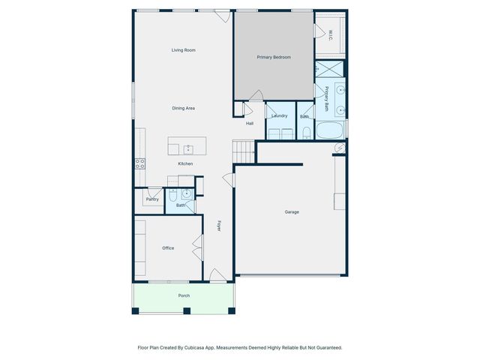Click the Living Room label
coord(183,50)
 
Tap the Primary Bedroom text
coord(274,57)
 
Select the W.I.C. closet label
coord(331,34)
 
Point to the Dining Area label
coord(184,109)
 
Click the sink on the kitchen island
coord(188,148)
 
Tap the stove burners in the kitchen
coord(139,163)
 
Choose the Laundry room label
coord(280,115)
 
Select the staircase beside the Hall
coord(244,153)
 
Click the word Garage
coord(292,212)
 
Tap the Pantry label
coord(152,199)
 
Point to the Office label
coord(168,248)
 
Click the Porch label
coord(184,295)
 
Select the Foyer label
coord(220,225)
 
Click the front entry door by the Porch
coord(217,276)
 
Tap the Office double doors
coord(197,247)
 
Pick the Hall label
coord(250,124)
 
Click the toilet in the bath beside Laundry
coord(307,133)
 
